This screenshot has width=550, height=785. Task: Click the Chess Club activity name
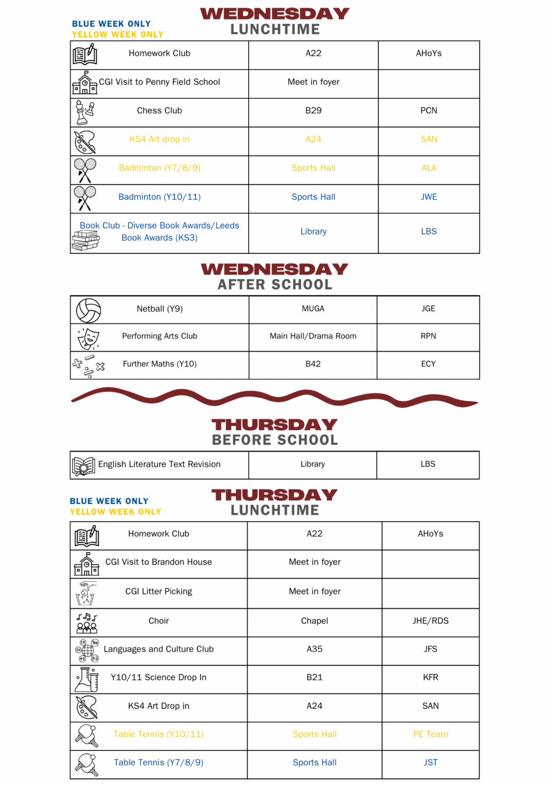(159, 110)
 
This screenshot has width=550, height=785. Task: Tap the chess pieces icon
(84, 112)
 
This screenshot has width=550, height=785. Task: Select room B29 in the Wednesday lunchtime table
(313, 110)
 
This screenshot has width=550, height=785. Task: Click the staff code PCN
(428, 110)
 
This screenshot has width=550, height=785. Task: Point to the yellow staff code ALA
(428, 168)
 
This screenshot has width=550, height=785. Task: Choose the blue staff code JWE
(428, 197)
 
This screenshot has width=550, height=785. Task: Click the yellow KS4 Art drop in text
(159, 139)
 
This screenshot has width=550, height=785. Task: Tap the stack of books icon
(85, 241)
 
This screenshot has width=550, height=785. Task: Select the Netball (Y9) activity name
(159, 309)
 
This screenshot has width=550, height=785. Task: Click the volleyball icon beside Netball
(89, 310)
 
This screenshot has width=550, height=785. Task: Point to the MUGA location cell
(313, 309)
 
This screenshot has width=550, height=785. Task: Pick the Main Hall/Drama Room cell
(313, 336)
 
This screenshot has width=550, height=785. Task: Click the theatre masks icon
(89, 338)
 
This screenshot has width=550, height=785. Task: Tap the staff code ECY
(428, 364)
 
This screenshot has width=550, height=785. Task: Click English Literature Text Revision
(159, 464)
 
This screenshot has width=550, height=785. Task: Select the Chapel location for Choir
(314, 620)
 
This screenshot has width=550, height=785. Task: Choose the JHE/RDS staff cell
(430, 620)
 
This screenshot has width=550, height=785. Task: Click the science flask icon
(87, 679)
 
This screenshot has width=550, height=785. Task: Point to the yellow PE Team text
(430, 734)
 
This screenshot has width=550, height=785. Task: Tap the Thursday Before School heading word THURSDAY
(275, 425)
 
